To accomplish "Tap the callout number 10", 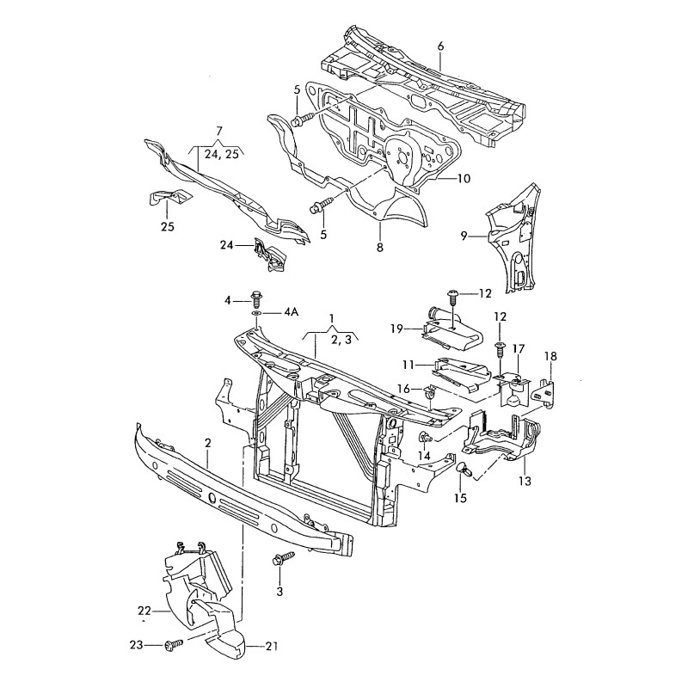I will pos(464,179).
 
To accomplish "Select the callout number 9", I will pos(464,235).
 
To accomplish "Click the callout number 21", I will pos(272,646).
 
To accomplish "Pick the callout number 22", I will pos(144,611).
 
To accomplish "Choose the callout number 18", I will pos(551,355).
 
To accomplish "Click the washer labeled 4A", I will pos(257,314).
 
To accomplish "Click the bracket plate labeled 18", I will pos(544,386).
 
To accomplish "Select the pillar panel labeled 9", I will pos(513,236).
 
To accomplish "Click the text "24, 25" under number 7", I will pos(218,155).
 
